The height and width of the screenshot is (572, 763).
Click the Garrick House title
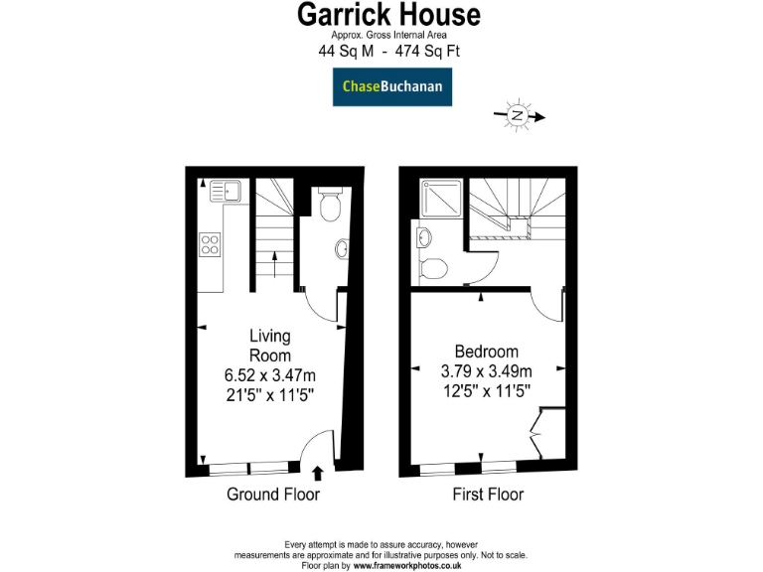389,15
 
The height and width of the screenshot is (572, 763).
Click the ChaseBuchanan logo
390,86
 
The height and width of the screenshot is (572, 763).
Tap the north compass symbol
518,116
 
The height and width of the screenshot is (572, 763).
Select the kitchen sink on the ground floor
223,189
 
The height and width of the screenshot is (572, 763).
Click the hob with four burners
211,244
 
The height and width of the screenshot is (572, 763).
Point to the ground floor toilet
331,205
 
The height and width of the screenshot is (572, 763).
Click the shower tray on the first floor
440,198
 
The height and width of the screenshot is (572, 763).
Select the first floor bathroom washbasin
423,236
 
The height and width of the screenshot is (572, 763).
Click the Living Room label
269,346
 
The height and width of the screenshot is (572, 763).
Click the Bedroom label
486,352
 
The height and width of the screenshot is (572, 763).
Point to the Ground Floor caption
273,494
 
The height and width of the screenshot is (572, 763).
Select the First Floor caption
488,494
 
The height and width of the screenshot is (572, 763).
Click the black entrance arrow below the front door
318,474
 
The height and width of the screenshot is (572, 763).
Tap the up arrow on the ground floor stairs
274,265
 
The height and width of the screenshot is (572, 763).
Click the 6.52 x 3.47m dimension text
269,374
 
